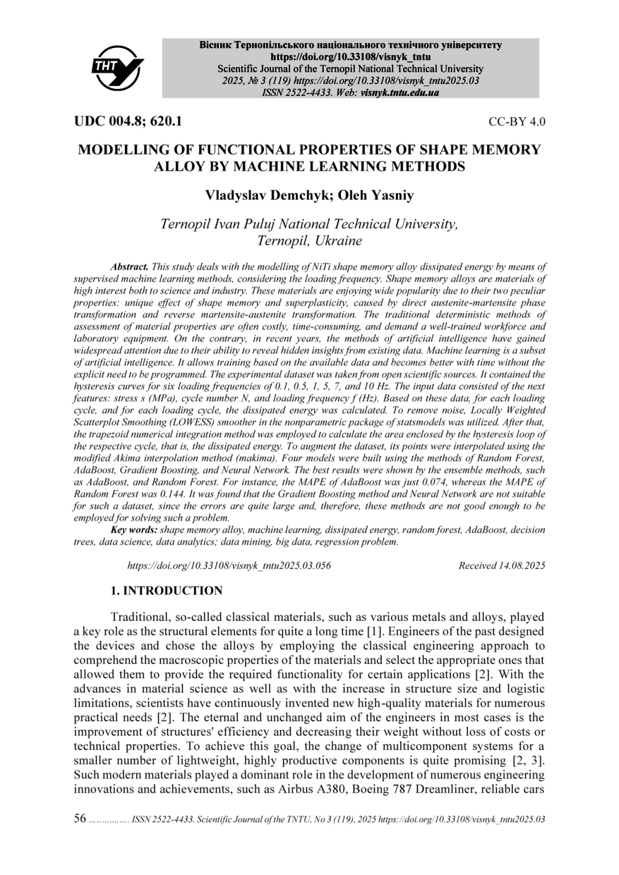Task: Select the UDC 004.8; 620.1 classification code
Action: point(128,121)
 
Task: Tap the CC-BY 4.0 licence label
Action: point(517,122)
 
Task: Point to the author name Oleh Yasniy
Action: point(375,194)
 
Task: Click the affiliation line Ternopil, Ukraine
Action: point(310,241)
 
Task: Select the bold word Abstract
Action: point(130,267)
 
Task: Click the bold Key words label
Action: point(134,529)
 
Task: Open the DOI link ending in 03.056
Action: point(229,565)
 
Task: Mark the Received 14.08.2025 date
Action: point(501,565)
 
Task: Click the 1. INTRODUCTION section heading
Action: point(167,591)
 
